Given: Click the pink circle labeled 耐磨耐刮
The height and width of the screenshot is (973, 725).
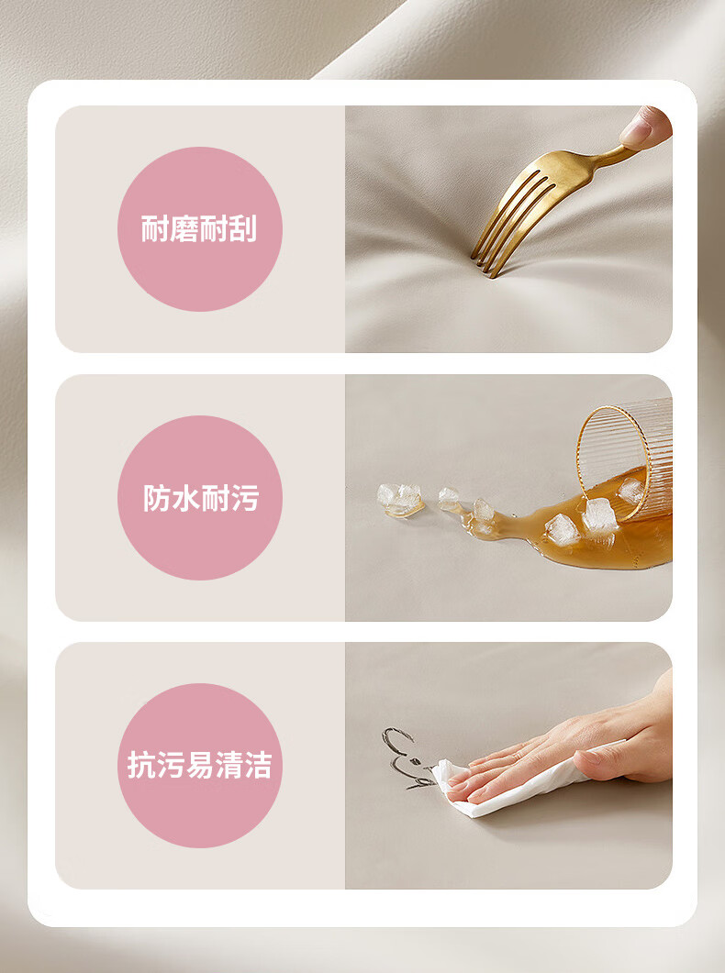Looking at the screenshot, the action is [200, 229].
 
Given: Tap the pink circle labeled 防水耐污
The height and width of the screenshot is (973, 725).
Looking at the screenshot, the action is [200, 498].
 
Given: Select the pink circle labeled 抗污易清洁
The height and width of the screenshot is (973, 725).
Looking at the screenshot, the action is [200, 766].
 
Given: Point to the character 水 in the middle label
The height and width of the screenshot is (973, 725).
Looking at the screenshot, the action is [185, 498].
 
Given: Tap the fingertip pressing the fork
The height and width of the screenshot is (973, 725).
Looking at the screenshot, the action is [645, 127].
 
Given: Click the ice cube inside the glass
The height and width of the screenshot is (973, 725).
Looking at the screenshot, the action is [632, 491].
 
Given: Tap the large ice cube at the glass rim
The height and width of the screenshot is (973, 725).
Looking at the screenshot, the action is [599, 515].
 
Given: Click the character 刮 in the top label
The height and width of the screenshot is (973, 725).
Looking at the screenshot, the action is [242, 229].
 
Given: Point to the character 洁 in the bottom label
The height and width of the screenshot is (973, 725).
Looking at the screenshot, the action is [258, 765].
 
